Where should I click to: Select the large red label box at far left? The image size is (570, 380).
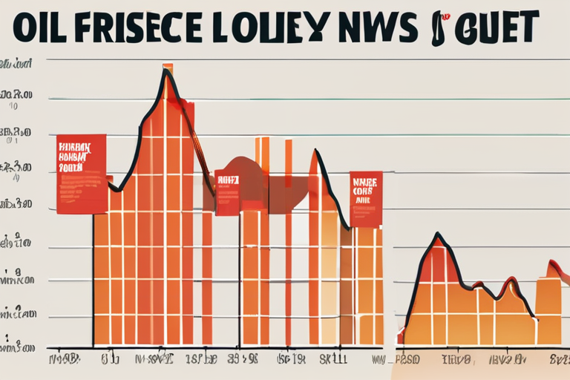81,174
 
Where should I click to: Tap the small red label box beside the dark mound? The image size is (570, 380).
227,192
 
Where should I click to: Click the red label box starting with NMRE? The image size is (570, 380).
366,199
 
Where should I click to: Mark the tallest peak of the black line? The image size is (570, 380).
168,69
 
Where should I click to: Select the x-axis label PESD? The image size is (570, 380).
407,360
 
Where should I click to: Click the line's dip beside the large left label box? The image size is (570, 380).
115,190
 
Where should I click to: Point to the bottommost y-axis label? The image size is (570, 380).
18,345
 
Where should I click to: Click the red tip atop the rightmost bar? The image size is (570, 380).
554,268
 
